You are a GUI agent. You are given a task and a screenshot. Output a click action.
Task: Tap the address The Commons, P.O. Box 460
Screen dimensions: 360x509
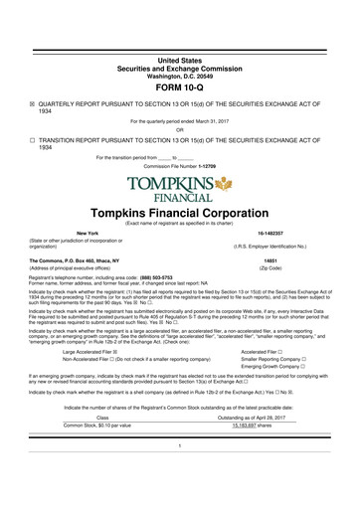(x=78, y=261)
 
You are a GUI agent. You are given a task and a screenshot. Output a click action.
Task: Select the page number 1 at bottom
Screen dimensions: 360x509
(x=180, y=472)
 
